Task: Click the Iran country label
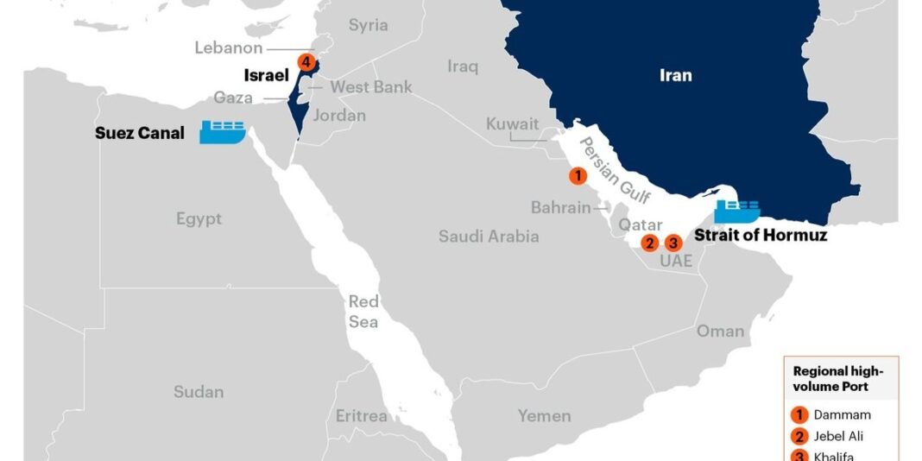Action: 675,75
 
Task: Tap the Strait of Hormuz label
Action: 761,234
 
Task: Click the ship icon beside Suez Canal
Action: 223,131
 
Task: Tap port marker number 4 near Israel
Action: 305,62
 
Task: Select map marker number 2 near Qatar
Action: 649,243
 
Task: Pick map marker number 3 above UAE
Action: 674,243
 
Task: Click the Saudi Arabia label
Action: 488,236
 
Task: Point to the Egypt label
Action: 199,218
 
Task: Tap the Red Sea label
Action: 363,311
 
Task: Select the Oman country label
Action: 720,331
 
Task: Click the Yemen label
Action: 544,415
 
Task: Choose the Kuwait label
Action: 512,124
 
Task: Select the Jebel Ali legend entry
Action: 837,435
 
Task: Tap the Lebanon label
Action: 228,47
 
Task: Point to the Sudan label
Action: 199,392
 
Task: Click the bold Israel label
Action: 266,76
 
